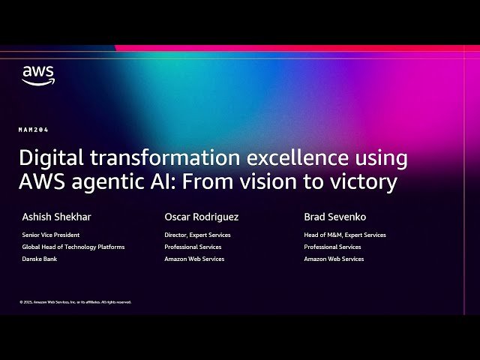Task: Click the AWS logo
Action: point(37,75)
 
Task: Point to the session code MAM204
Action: point(34,130)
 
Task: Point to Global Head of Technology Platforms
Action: point(73,247)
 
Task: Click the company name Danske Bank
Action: point(40,259)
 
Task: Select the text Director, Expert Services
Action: point(197,235)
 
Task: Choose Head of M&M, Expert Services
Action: point(345,235)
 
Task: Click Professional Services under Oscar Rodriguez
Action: point(193,247)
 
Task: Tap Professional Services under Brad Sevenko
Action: point(332,247)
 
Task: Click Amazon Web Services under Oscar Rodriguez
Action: point(194,259)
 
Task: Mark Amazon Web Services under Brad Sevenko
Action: point(334,259)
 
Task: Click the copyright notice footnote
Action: point(75,302)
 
